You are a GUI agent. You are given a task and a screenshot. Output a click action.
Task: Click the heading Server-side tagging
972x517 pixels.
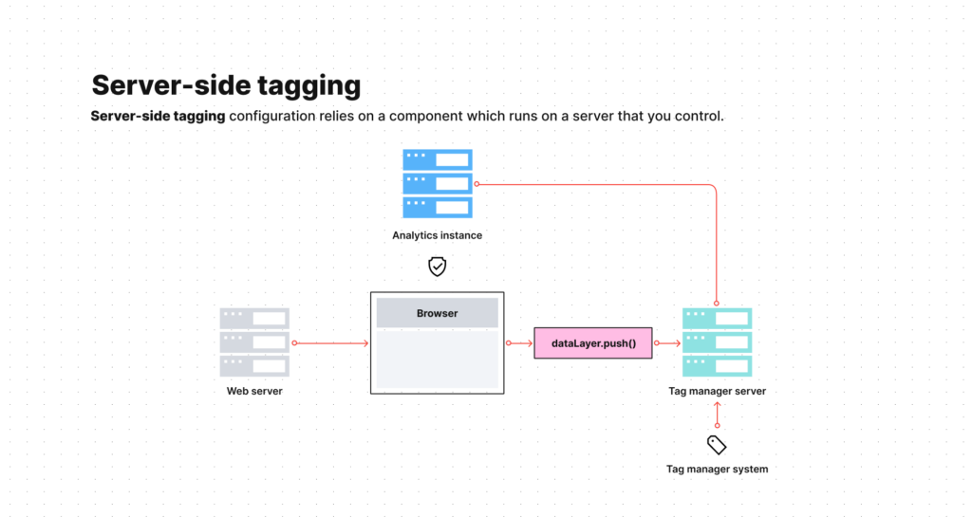226,85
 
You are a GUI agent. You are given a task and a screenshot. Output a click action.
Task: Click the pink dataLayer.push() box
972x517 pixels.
593,342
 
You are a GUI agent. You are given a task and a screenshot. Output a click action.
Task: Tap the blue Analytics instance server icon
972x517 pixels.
437,183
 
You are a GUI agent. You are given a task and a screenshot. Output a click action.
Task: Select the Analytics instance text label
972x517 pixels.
437,235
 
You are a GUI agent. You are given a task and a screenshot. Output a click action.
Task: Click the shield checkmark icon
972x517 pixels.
437,267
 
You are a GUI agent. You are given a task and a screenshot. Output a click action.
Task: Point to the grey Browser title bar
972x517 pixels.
437,313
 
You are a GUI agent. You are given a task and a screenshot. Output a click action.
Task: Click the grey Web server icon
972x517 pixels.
254,342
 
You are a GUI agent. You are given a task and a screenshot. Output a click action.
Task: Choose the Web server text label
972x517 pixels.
254,391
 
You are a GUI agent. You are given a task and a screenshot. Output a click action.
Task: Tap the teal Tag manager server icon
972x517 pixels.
717,342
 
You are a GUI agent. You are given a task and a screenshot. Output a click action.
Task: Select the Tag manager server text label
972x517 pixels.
717,391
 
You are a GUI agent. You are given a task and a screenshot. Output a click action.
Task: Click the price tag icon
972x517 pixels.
717,444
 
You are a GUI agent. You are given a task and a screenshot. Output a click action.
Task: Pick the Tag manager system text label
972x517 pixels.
717,469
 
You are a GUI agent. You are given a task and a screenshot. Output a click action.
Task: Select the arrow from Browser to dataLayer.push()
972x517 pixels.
520,342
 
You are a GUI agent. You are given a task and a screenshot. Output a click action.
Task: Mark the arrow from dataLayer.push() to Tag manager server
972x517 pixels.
668,342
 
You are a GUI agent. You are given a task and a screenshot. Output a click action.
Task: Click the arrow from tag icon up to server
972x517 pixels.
717,415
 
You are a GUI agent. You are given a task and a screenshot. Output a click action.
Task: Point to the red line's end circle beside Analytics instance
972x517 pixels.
477,184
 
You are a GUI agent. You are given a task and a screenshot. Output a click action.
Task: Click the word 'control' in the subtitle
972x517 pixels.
701,117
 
